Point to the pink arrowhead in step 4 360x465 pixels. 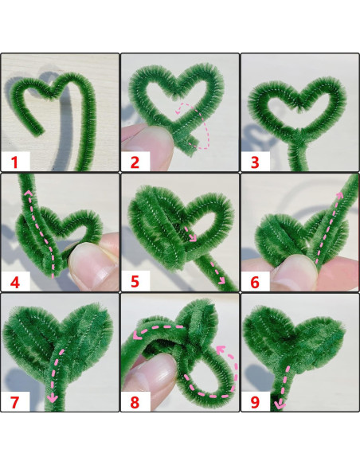point(26,193)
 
